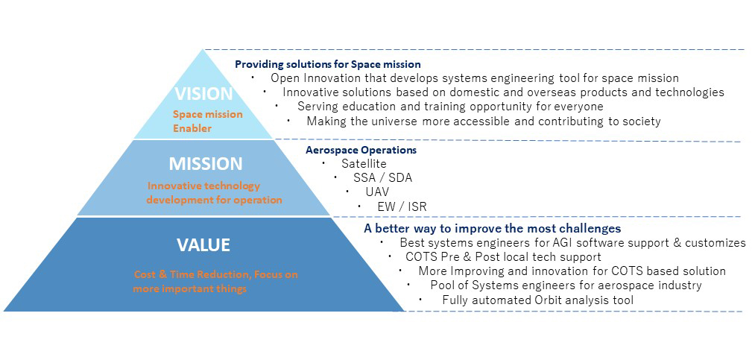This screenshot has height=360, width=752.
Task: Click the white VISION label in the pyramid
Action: (203, 94)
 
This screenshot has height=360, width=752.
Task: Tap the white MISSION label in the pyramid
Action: (205, 164)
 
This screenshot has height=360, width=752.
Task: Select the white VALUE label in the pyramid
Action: (203, 245)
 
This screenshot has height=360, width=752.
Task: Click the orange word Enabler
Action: (192, 128)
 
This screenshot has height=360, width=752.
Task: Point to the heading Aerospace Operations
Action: (361, 150)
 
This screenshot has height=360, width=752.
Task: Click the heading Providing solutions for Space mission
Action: (328, 64)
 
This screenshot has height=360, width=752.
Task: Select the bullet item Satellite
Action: (364, 164)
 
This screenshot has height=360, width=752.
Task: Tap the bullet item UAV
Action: (377, 192)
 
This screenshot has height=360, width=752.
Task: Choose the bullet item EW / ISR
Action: (402, 206)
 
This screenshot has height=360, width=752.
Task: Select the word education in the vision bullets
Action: (366, 107)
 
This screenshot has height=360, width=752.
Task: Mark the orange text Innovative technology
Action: (203, 186)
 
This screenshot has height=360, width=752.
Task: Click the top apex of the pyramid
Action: (203, 49)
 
